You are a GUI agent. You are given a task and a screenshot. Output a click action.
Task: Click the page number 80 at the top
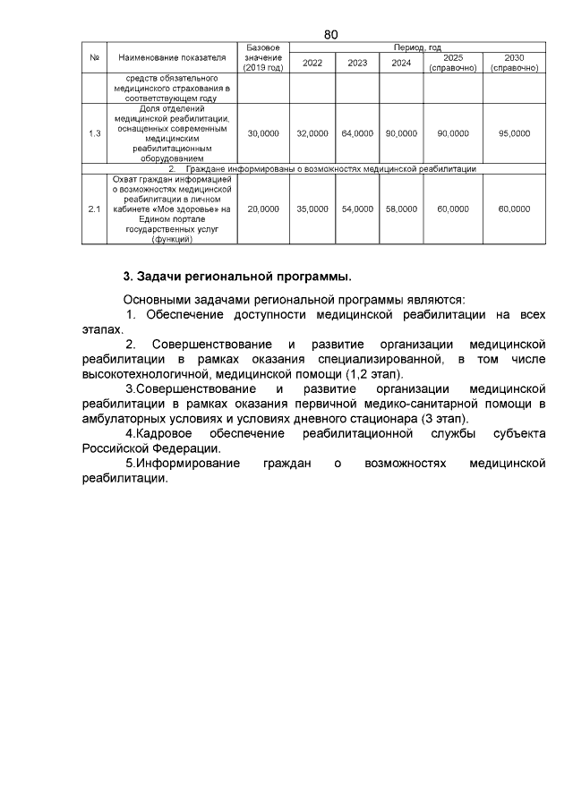(x=330, y=34)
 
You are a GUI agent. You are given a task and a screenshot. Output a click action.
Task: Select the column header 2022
(x=312, y=63)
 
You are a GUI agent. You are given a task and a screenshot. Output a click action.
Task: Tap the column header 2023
(x=357, y=63)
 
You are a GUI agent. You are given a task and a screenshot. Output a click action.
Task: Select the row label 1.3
(x=94, y=133)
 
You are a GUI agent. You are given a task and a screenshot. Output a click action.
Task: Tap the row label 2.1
(x=94, y=209)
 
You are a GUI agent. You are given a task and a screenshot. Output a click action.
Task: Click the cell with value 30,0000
(x=263, y=133)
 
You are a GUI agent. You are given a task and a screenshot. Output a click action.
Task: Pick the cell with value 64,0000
(x=357, y=133)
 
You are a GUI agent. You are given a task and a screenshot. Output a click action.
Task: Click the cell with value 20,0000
(x=263, y=209)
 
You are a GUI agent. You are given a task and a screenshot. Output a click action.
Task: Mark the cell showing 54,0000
(x=357, y=209)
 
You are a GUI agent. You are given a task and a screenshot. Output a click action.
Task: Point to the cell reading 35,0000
(x=312, y=209)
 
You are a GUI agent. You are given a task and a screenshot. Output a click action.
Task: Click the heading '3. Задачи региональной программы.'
(x=237, y=275)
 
